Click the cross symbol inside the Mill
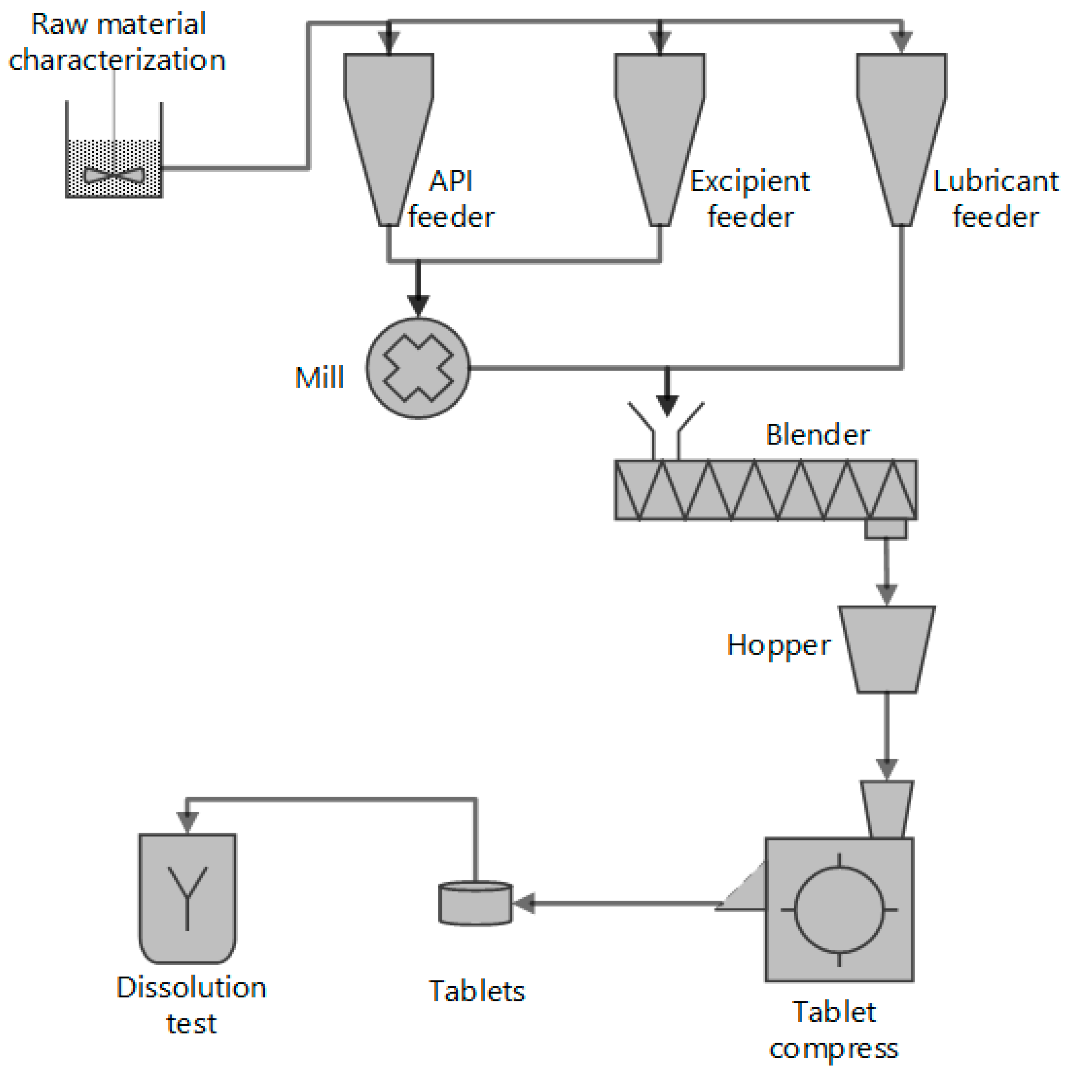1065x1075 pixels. click(418, 368)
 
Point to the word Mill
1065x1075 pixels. click(319, 378)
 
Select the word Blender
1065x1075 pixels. click(817, 435)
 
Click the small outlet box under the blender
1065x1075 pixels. click(885, 529)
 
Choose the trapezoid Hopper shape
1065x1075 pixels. click(886, 649)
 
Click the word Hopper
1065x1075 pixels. click(778, 645)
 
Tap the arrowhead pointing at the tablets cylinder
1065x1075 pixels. click(523, 903)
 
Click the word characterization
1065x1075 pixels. click(117, 60)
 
